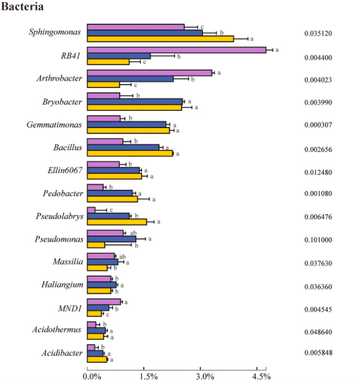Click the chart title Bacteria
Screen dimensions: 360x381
click(22, 7)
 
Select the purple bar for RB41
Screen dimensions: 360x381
click(177, 50)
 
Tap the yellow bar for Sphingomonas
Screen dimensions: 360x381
click(160, 39)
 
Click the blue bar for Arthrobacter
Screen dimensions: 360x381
click(130, 79)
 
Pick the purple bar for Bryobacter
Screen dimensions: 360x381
click(104, 96)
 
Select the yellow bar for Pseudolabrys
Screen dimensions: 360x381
click(117, 222)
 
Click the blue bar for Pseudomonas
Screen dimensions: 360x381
click(112, 239)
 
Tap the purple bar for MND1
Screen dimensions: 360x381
click(104, 302)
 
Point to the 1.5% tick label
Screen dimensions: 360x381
click(149, 376)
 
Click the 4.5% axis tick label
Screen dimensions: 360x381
click(261, 376)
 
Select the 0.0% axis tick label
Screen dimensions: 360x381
click(92, 376)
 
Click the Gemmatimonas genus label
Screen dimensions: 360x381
click(54, 125)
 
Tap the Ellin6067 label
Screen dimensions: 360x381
click(65, 170)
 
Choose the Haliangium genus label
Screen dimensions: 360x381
click(62, 284)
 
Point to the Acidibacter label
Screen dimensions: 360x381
click(62, 353)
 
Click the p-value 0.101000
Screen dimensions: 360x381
click(318, 240)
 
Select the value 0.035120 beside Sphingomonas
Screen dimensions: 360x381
click(318, 33)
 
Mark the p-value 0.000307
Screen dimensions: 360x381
click(318, 125)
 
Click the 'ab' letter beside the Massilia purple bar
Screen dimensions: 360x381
click(123, 257)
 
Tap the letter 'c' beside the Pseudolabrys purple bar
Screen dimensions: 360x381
click(111, 209)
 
